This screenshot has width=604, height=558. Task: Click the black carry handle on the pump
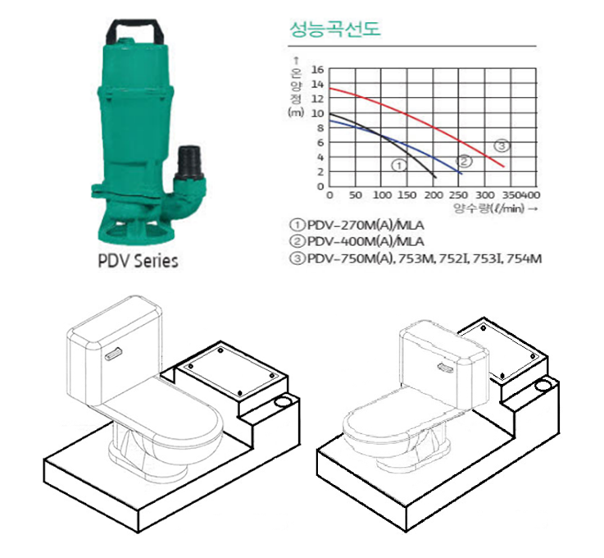click(135, 23)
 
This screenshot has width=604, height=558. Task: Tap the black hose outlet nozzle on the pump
click(188, 161)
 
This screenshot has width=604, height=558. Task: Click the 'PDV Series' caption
click(138, 261)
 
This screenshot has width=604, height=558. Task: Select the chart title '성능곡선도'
click(334, 29)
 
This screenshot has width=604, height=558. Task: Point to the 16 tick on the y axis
click(318, 70)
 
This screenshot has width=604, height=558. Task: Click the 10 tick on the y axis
click(318, 113)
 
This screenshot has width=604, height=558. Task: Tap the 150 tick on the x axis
click(406, 195)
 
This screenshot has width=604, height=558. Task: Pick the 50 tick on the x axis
click(355, 195)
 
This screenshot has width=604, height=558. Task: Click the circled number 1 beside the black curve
click(399, 166)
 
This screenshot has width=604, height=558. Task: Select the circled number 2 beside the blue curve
click(464, 161)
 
